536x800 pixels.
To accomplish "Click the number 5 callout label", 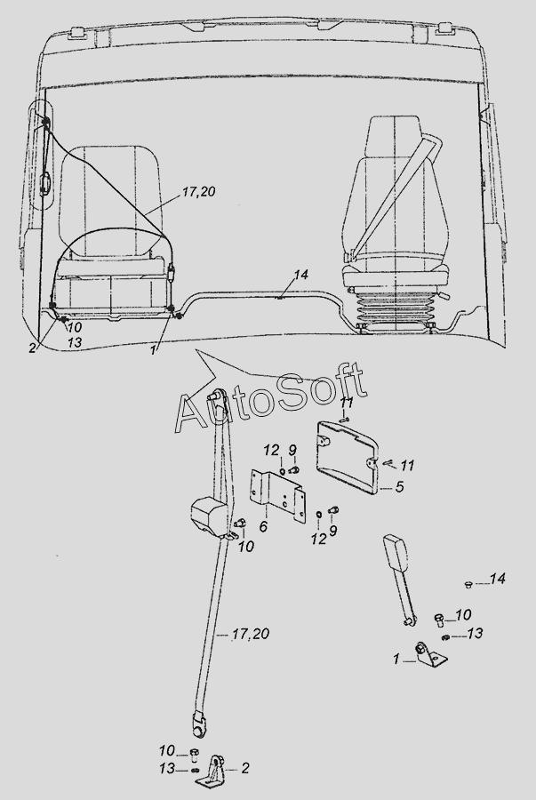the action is [x=399, y=487].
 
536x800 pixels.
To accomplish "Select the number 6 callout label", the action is [x=263, y=526].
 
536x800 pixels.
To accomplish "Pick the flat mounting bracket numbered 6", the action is [x=277, y=496].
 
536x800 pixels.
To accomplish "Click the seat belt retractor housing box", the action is [x=209, y=516].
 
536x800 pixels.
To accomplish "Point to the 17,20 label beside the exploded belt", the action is [x=250, y=634].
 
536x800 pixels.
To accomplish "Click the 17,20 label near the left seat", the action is [x=199, y=192].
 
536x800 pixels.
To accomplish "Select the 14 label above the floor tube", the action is [x=301, y=275].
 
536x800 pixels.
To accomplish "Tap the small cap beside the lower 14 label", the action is [x=468, y=584].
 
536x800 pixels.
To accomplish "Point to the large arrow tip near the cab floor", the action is [x=195, y=350].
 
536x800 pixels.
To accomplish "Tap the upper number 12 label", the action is [x=271, y=451].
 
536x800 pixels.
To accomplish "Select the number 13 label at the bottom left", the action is [x=166, y=768].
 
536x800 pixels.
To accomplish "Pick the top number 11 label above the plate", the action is [x=347, y=402].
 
